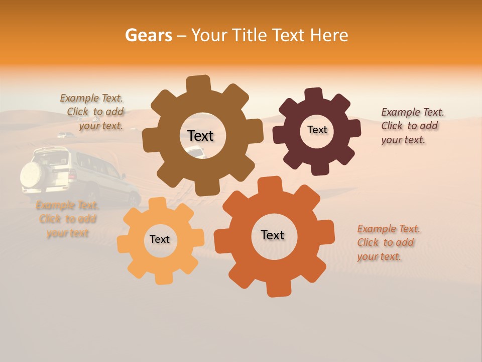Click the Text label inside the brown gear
pos(200,136)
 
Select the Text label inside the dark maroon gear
pos(317,130)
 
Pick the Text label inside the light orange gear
pos(160,239)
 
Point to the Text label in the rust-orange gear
pos(273,235)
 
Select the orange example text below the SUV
pos(68,219)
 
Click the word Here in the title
pos(329,35)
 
